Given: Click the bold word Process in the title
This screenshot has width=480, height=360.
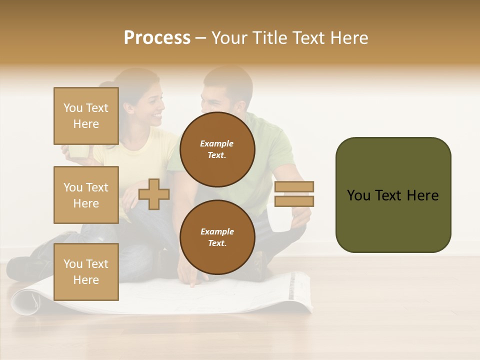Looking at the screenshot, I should pyautogui.click(x=157, y=38).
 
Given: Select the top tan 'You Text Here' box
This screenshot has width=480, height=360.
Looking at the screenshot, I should pyautogui.click(x=86, y=116).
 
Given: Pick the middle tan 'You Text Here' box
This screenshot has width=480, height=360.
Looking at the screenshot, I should pyautogui.click(x=86, y=195).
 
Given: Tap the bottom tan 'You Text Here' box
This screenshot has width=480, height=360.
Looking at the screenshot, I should pyautogui.click(x=86, y=271).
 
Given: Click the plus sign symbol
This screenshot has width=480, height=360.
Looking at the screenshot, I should pyautogui.click(x=154, y=194).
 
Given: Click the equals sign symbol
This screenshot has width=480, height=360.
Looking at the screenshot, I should pyautogui.click(x=294, y=194).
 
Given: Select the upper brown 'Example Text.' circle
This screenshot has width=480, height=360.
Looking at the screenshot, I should pyautogui.click(x=217, y=149).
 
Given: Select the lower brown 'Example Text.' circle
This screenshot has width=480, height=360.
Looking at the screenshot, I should pyautogui.click(x=217, y=237).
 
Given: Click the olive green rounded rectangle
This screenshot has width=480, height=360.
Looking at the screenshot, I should pyautogui.click(x=393, y=195).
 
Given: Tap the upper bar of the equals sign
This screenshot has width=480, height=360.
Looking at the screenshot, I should pyautogui.click(x=294, y=187).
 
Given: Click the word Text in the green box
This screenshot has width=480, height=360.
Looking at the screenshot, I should pyautogui.click(x=392, y=195).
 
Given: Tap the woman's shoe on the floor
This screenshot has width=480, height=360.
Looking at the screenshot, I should pyautogui.click(x=20, y=267).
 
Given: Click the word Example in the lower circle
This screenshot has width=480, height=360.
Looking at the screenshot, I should pyautogui.click(x=217, y=231).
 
